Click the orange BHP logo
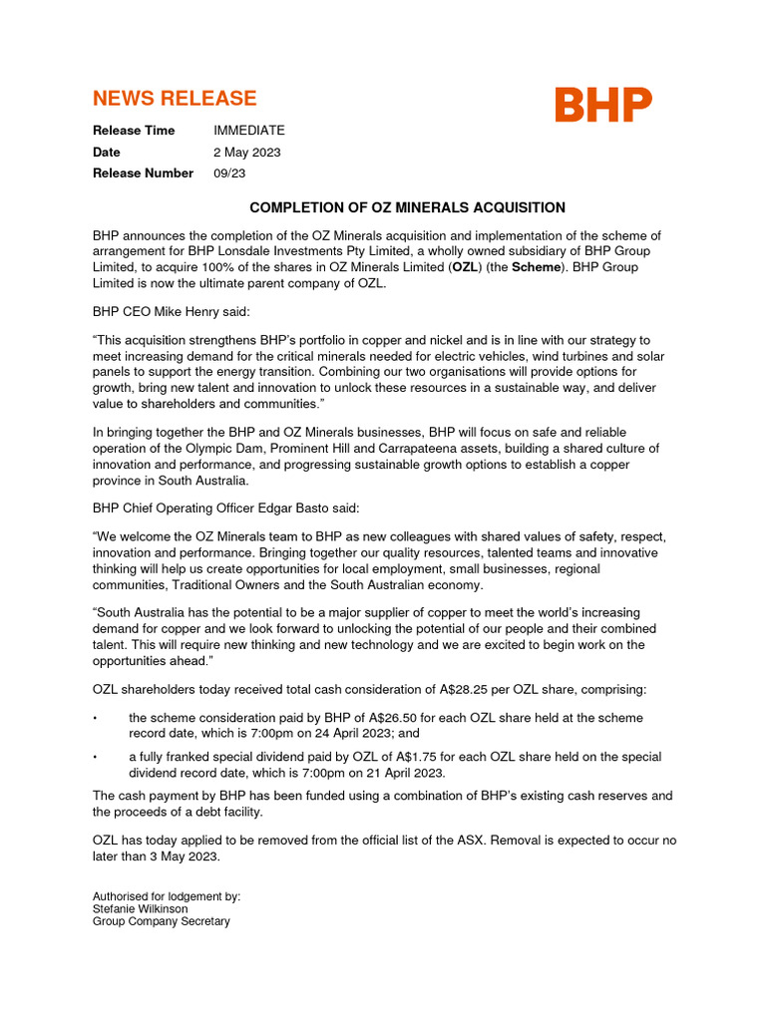tap(603, 104)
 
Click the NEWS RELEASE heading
tap(175, 98)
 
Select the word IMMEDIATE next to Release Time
tap(249, 131)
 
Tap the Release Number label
tap(143, 173)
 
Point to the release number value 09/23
tap(229, 173)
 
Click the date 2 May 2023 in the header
tap(247, 153)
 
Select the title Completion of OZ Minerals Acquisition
tap(407, 207)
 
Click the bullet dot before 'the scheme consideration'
tap(95, 719)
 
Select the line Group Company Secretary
tap(161, 921)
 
